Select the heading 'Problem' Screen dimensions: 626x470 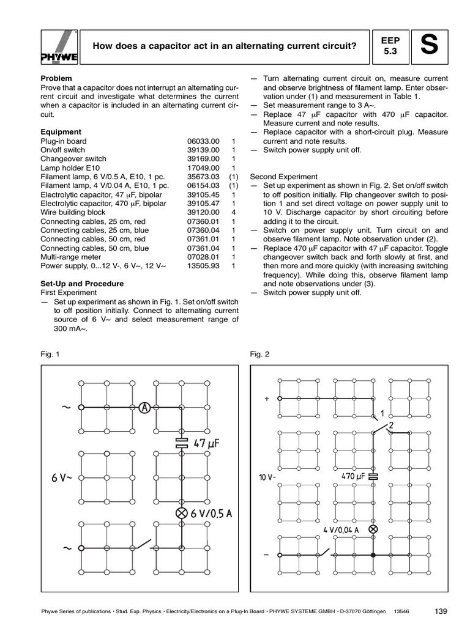point(56,79)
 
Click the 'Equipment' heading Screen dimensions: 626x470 point(61,131)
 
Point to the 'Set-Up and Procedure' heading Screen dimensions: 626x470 point(82,284)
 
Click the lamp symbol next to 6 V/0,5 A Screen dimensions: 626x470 point(181,514)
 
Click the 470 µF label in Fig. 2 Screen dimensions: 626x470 point(353,476)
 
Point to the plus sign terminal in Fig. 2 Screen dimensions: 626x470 point(267,399)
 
